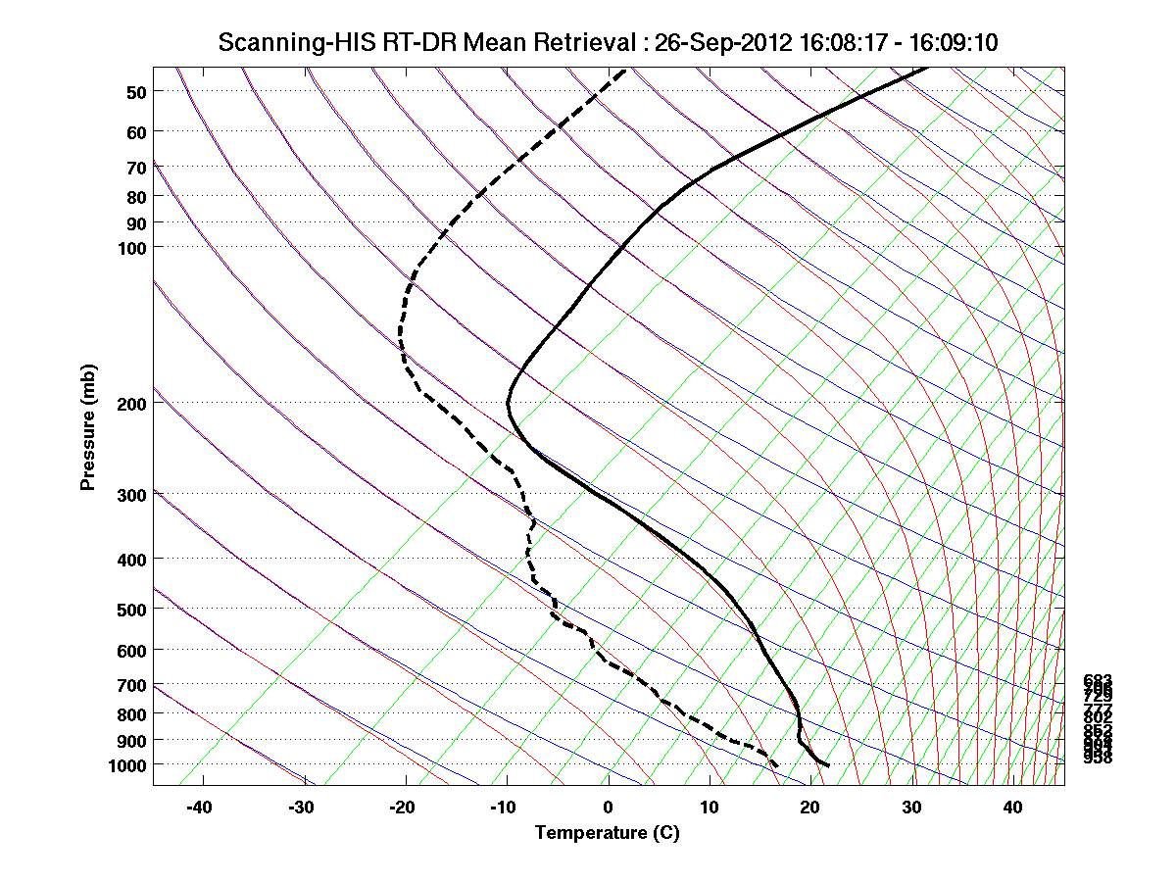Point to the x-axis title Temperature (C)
[x=607, y=833]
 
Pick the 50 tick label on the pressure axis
[x=137, y=91]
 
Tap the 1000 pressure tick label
[x=129, y=764]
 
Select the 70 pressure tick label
[x=137, y=167]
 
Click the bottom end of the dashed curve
[x=777, y=765]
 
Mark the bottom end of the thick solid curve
[x=829, y=765]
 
